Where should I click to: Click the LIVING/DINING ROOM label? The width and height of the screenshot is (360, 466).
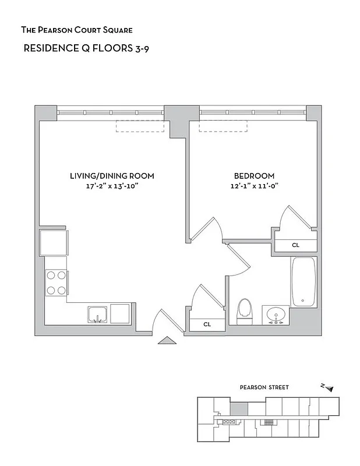click(112, 175)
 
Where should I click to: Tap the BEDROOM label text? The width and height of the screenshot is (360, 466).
click(254, 175)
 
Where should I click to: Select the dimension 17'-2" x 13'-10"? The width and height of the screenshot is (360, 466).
click(112, 186)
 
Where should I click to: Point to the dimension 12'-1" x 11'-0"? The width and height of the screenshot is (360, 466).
click(254, 186)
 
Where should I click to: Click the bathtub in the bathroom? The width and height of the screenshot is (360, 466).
click(303, 281)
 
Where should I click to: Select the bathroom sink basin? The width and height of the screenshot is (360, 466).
click(275, 315)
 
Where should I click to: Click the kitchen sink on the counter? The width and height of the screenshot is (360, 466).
click(97, 314)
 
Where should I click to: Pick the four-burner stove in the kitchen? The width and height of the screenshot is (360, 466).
click(56, 283)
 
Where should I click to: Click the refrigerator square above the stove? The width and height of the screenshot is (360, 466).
click(53, 242)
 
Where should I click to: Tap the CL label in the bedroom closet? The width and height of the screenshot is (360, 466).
click(296, 245)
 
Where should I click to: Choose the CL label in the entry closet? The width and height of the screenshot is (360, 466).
click(207, 324)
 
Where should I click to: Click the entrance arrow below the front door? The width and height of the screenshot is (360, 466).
click(166, 341)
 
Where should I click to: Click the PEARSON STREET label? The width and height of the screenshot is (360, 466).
click(264, 387)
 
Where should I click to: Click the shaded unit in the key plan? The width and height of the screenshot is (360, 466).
click(239, 409)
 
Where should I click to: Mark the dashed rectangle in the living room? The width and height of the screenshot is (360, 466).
click(140, 126)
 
